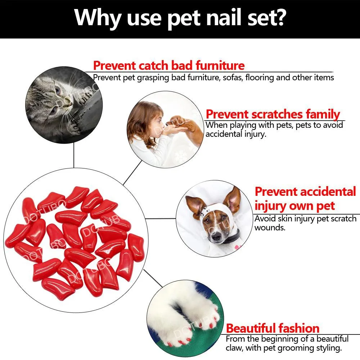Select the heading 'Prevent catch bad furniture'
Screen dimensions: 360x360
click(x=168, y=66)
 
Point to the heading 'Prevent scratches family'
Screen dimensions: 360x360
click(x=273, y=114)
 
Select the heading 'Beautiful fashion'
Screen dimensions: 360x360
click(x=273, y=328)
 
